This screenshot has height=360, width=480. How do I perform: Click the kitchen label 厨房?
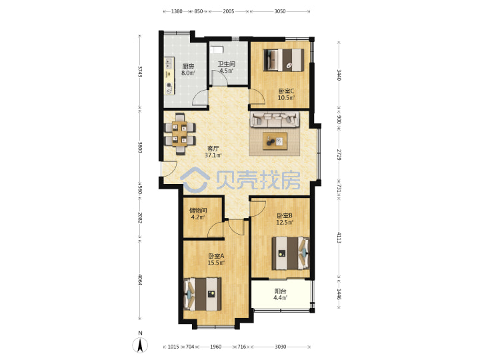pyautogui.click(x=188, y=66)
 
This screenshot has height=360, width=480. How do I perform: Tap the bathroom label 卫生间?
pyautogui.click(x=226, y=64)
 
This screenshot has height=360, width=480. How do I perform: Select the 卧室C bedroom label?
pyautogui.click(x=286, y=91)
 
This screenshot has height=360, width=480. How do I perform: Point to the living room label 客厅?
pyautogui.click(x=213, y=149)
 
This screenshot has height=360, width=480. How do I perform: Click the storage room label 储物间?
pyautogui.click(x=198, y=211)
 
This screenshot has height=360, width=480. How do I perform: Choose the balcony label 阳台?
pyautogui.click(x=280, y=291)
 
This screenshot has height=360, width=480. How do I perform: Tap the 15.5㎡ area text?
pyautogui.click(x=216, y=263)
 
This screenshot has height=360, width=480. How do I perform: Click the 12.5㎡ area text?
pyautogui.click(x=285, y=222)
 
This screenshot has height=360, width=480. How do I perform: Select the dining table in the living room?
pyautogui.click(x=180, y=133)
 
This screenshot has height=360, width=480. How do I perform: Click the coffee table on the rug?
pyautogui.click(x=275, y=141)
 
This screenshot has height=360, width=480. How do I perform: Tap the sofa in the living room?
pyautogui.click(x=275, y=119)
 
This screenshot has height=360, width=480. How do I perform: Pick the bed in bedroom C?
pyautogui.click(x=284, y=60)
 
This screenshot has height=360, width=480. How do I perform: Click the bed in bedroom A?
pyautogui.click(x=203, y=294)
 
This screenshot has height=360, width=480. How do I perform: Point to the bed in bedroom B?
pyautogui.click(x=291, y=253)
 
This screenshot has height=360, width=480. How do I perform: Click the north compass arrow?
pyautogui.click(x=140, y=345)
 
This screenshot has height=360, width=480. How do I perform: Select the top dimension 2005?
pyautogui.click(x=229, y=11)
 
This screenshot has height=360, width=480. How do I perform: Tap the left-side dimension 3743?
pyautogui.click(x=140, y=71)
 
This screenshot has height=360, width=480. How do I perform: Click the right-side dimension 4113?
pyautogui.click(x=339, y=237)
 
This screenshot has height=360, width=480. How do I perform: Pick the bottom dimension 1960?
pyautogui.click(x=215, y=347)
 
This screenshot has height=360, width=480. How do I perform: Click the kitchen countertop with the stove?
pyautogui.click(x=169, y=76)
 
